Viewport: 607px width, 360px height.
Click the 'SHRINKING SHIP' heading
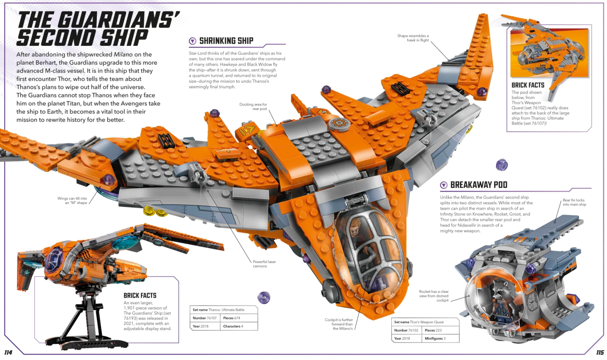click(x=226, y=41)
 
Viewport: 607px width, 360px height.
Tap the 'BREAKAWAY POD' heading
click(x=479, y=185)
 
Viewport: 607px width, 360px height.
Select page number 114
click(x=8, y=352)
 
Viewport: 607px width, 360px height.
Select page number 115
click(x=600, y=352)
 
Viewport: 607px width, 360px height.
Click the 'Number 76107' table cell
click(x=205, y=318)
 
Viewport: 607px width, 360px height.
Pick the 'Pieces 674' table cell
click(x=232, y=318)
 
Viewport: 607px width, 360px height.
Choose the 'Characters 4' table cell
click(x=233, y=326)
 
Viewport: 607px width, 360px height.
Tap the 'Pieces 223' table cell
click(x=433, y=330)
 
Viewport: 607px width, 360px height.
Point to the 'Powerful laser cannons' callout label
click(x=264, y=264)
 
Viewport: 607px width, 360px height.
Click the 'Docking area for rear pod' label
click(x=253, y=107)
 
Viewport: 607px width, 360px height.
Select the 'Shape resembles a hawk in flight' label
click(x=413, y=38)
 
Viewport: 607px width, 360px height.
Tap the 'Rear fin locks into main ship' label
click(x=574, y=202)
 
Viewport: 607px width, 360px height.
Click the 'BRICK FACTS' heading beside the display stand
click(x=140, y=296)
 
